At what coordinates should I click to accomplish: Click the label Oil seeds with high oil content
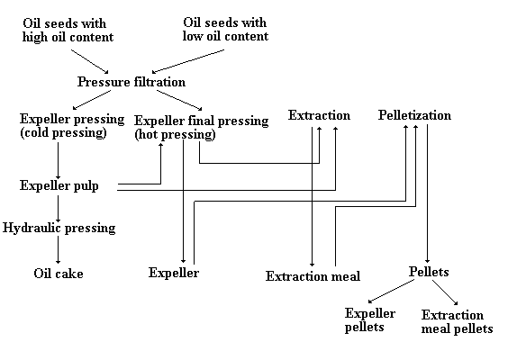coord(68,30)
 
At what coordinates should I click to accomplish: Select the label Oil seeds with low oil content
coord(225,29)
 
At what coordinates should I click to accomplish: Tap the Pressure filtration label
coord(132,82)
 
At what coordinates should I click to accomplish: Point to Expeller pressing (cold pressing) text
coord(72,126)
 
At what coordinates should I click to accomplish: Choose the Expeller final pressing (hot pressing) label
coord(201,127)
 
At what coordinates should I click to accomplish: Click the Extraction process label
coord(319,115)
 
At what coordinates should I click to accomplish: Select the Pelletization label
coord(414,115)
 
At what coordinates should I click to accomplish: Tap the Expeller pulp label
coord(59,185)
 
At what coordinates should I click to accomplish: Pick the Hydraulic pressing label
coord(59,228)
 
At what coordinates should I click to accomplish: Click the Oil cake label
coord(59,274)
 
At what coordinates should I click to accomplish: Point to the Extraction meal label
coord(313,276)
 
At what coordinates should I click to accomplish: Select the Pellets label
coord(429,272)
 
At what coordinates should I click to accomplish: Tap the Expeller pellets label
coord(370,319)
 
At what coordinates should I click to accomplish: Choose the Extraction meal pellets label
coord(457,322)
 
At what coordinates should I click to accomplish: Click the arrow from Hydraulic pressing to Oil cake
coord(59,249)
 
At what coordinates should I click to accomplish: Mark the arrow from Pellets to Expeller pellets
coord(392,292)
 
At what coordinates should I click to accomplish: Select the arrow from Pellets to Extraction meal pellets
coord(445,292)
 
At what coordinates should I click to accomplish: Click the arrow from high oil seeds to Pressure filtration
coord(90,61)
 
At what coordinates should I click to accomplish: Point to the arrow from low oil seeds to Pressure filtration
coord(188,61)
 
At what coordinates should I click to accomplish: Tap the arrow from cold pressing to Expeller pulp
coord(59,160)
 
